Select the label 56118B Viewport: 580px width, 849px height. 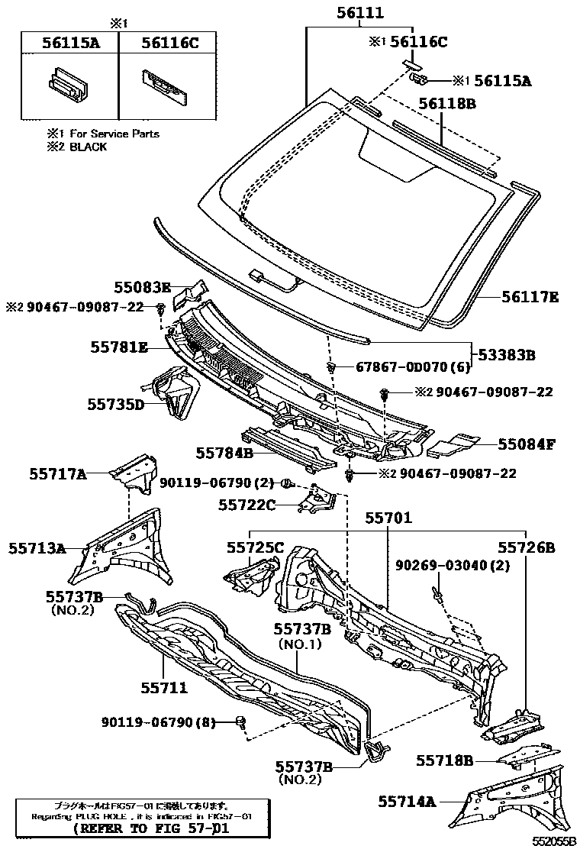tap(447, 105)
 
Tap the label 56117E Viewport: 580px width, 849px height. tap(530, 297)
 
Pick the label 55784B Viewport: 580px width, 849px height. tap(224, 453)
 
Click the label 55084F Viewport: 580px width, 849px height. tap(527, 443)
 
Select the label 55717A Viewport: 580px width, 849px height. tap(57, 474)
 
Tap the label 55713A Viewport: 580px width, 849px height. tap(37, 547)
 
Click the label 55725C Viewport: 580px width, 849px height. tap(255, 547)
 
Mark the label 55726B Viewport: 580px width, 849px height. tap(527, 547)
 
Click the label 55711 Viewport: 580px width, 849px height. tap(163, 687)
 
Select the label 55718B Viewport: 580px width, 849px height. tap(445, 760)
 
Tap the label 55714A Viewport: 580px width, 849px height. tap(407, 801)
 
